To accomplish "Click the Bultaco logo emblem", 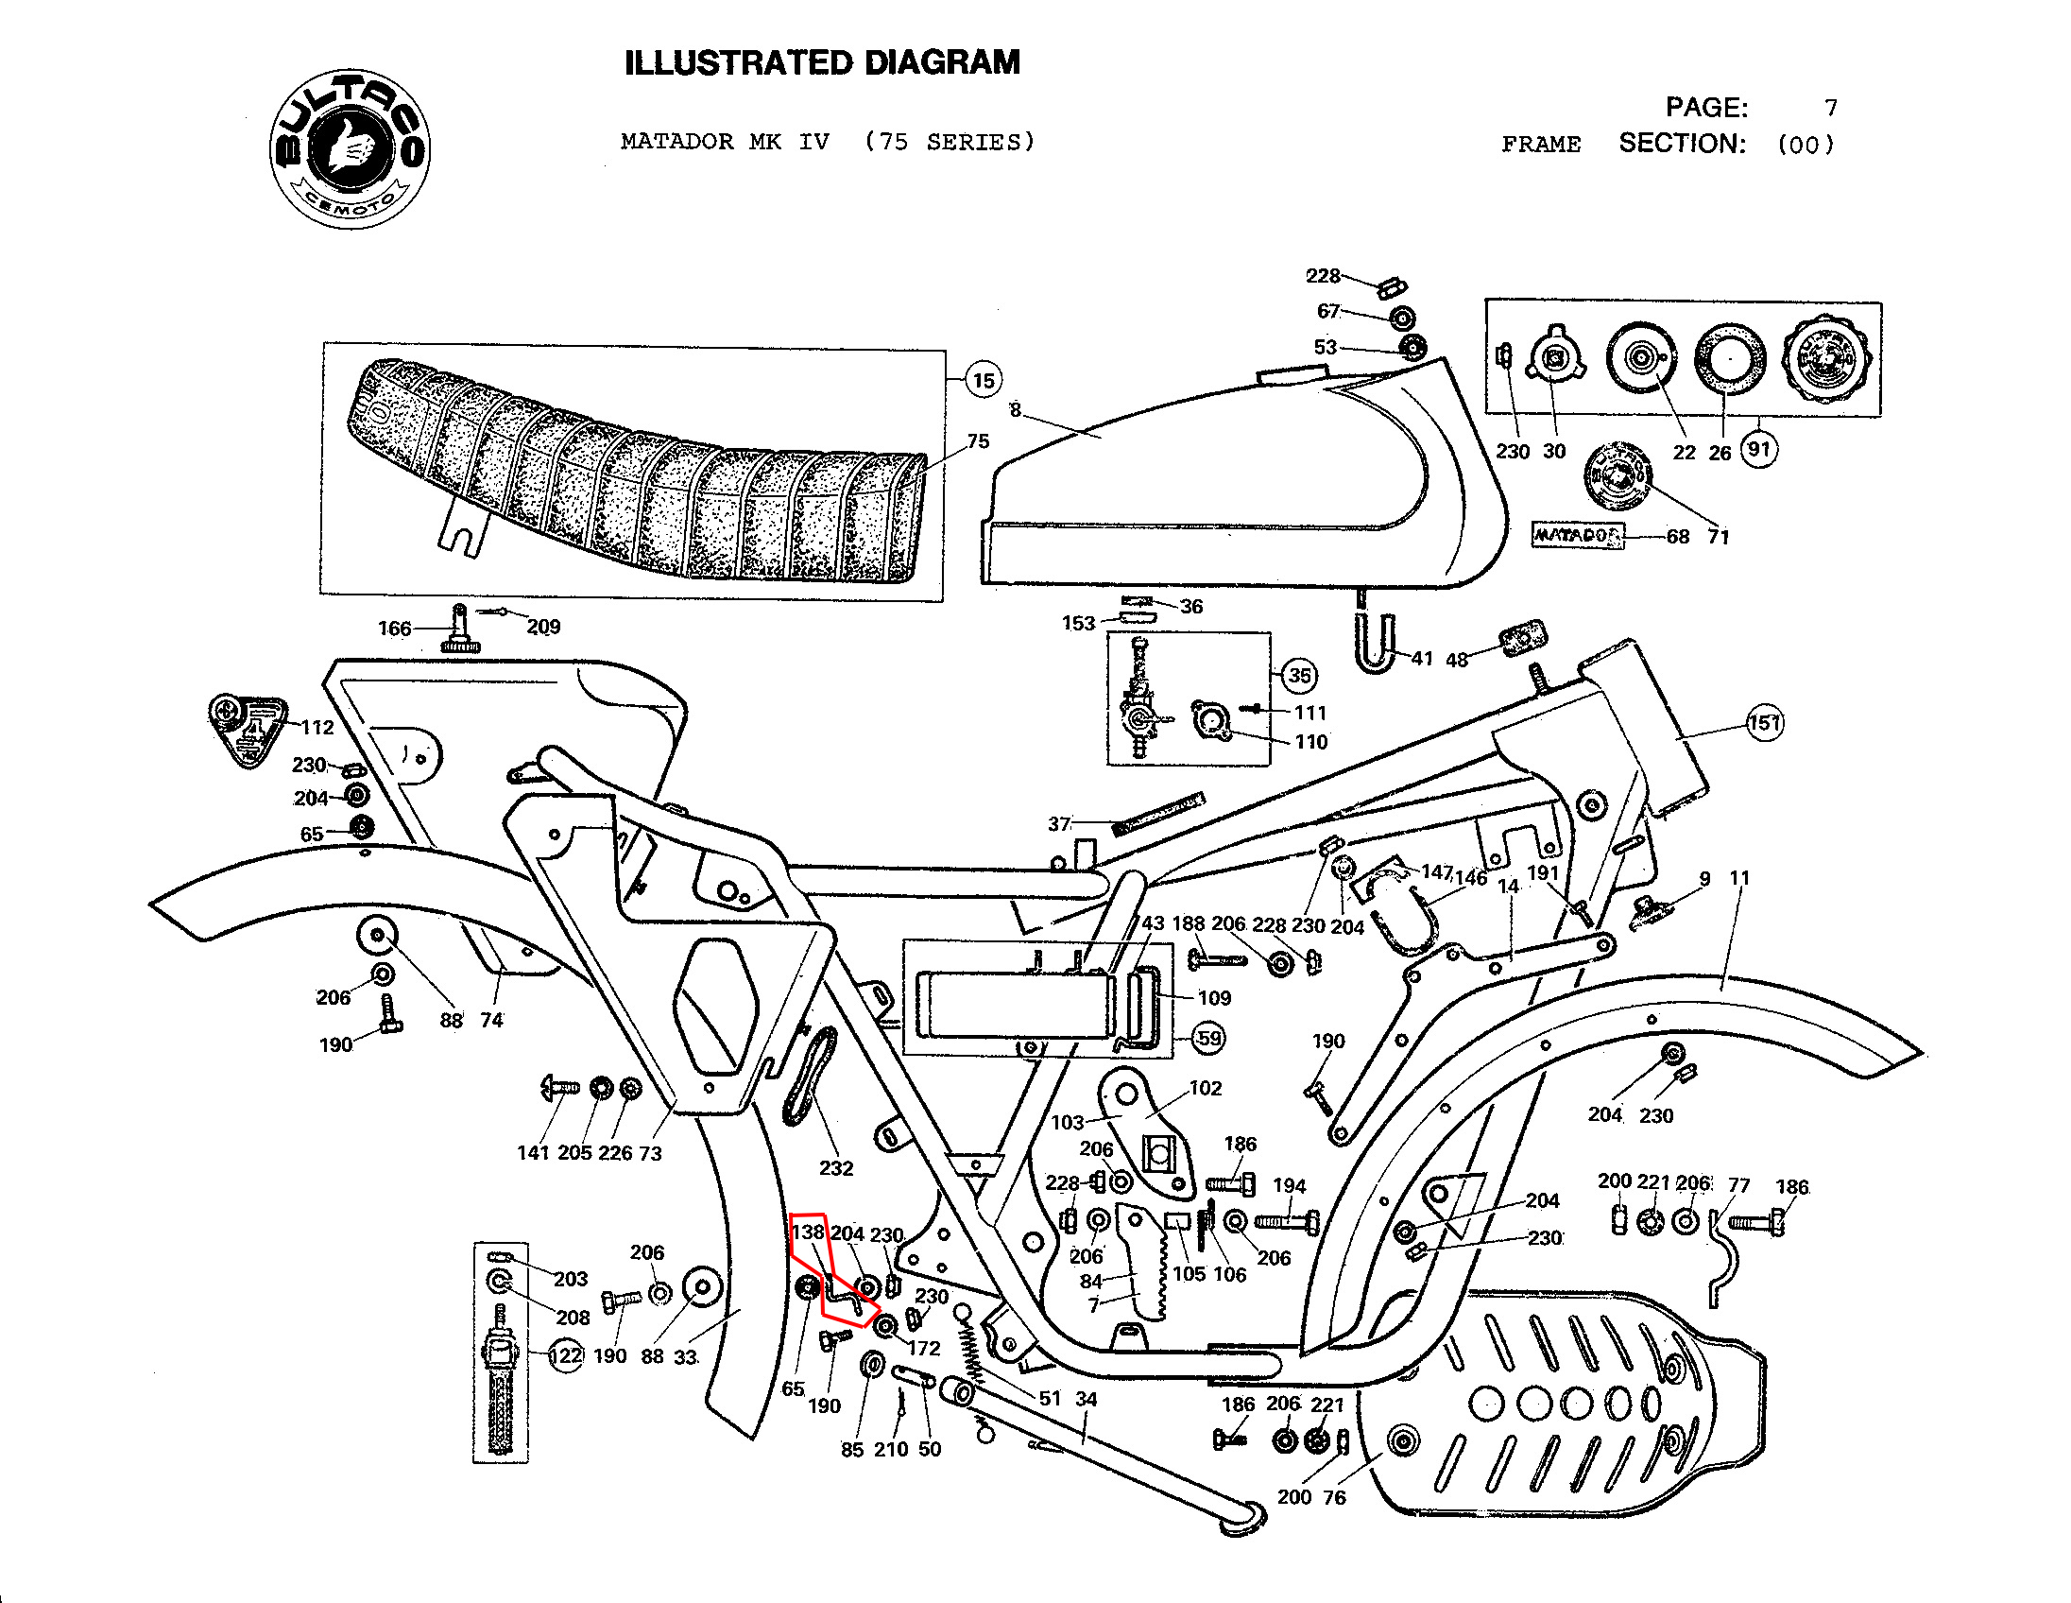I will (350, 149).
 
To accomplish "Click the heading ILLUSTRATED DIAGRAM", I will (822, 62).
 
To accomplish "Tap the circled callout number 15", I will (984, 380).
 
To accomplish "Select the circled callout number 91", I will (1759, 449).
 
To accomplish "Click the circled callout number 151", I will (1764, 724).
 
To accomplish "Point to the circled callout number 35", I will (1299, 676).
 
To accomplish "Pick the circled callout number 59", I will (1208, 1038).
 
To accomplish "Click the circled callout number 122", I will (566, 1355).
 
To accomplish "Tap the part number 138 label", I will (808, 1232).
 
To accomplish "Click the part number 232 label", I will (835, 1167).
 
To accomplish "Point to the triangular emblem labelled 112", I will (248, 731).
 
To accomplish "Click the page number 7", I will (1830, 107).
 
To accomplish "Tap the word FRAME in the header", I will (1541, 145).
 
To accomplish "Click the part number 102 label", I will (1206, 1088).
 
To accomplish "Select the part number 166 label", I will (395, 628).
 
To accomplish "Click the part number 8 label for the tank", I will (1015, 410).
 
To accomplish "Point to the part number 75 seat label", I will (978, 441).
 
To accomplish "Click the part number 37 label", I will (1059, 824).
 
